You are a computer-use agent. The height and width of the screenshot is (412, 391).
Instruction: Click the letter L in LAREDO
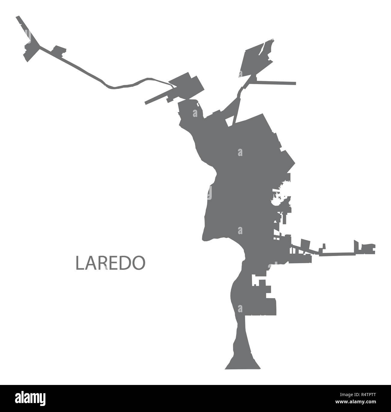click(x=79, y=263)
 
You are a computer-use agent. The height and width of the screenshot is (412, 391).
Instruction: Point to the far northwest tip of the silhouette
click(x=18, y=17)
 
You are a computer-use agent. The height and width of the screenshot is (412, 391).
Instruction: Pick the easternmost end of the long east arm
click(x=374, y=248)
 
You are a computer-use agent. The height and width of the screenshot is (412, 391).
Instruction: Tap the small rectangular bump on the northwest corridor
click(x=59, y=50)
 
